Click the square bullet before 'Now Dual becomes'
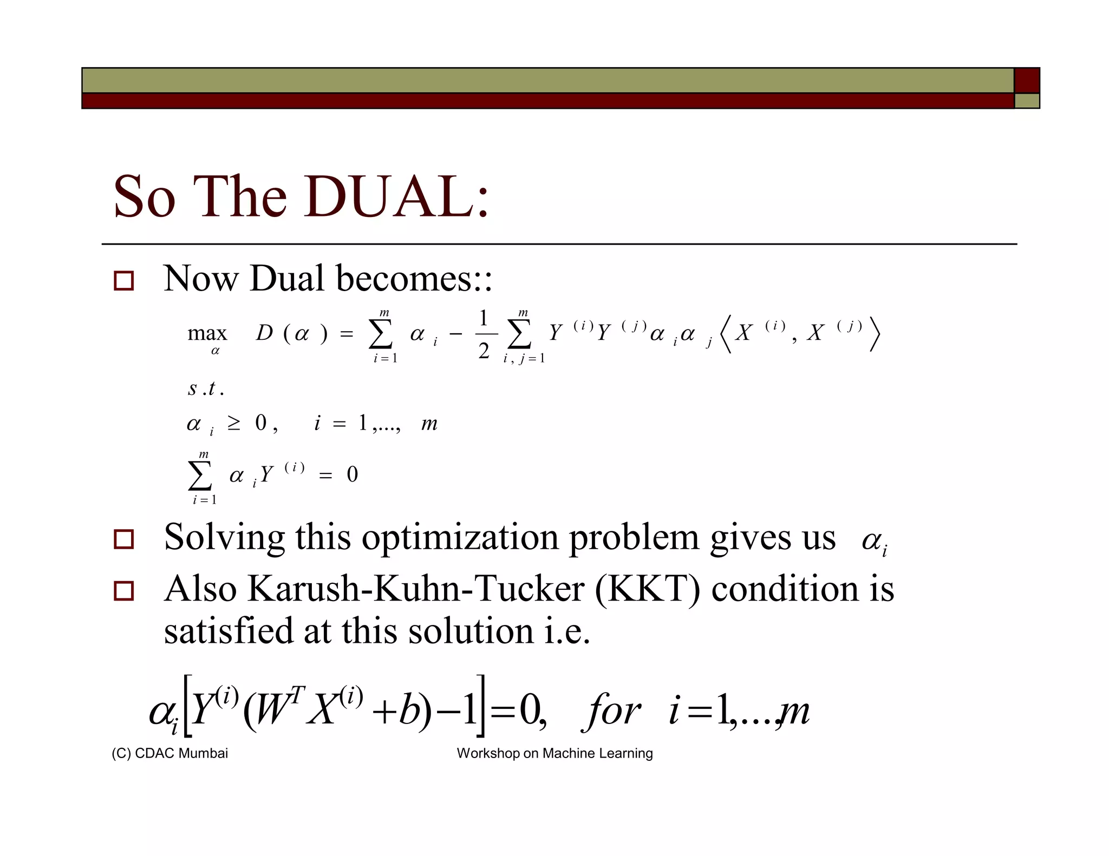(x=123, y=281)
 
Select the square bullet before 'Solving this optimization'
(x=123, y=539)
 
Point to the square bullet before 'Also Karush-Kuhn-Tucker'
(x=123, y=590)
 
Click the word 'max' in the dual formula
(x=207, y=333)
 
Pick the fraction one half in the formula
(x=484, y=334)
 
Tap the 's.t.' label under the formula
(x=205, y=389)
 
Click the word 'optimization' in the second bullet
(x=460, y=538)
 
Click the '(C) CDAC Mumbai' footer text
(x=169, y=753)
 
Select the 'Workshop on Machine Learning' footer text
(x=554, y=753)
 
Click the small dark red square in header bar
(x=1027, y=81)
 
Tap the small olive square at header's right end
(x=1027, y=101)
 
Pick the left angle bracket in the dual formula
(x=726, y=334)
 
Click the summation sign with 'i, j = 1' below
(x=519, y=334)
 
